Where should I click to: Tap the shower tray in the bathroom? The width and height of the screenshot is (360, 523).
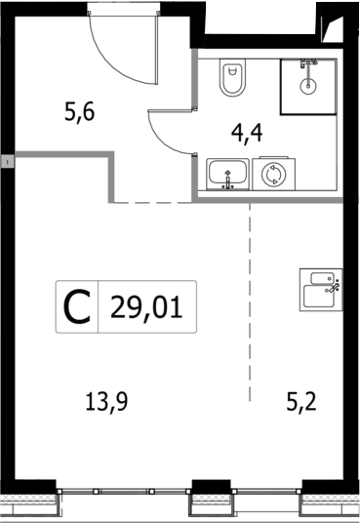[308, 87]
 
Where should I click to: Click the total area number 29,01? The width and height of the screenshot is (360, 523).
[148, 306]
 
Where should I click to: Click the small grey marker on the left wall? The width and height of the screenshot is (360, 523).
[5, 159]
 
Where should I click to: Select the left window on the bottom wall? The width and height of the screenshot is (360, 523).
[126, 491]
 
